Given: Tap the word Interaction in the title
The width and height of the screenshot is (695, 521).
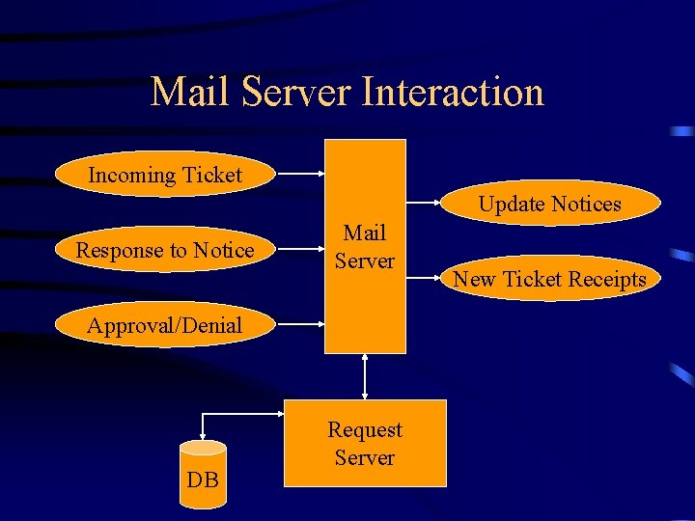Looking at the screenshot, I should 453,93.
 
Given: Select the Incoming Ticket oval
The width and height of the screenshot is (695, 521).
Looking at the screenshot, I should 165,175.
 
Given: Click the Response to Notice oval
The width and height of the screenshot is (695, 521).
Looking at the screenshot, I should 165,251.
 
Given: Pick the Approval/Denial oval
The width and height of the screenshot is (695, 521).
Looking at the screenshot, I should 165,325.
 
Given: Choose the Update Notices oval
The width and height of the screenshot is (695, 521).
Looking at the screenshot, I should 550,204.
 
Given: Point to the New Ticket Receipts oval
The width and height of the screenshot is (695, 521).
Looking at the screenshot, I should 550,280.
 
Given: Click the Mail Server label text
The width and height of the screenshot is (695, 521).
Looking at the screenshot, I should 365,247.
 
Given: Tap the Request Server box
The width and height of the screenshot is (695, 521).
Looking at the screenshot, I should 365,443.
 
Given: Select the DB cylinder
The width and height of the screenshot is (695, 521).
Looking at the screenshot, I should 204,474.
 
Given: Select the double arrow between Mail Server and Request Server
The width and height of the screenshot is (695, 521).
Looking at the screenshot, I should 365,376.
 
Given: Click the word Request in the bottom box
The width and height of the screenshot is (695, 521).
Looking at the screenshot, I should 365,429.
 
